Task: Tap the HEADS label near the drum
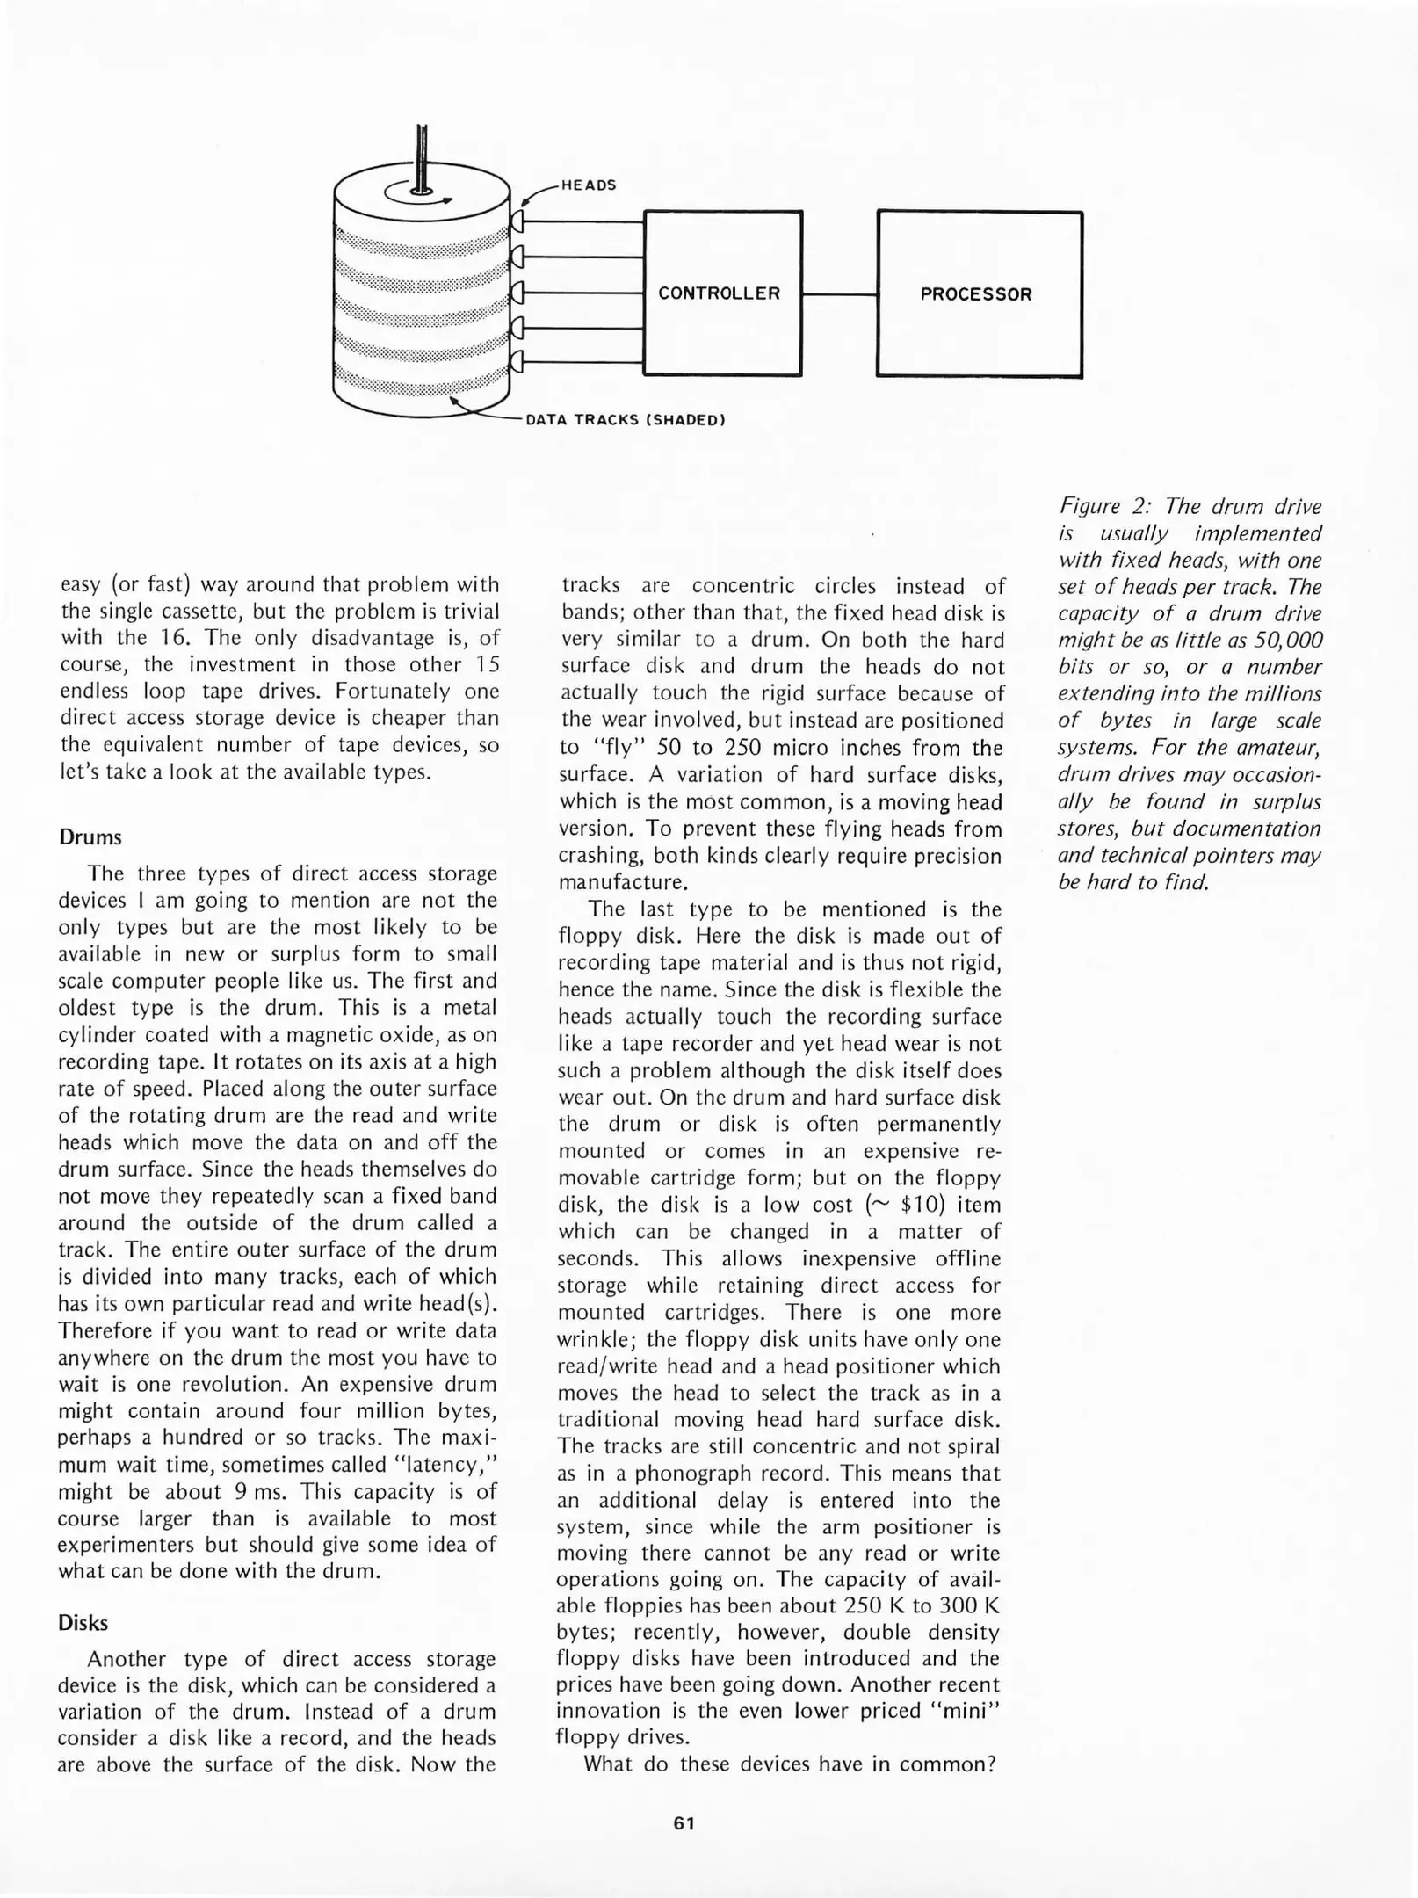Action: [589, 185]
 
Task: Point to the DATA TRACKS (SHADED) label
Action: [625, 420]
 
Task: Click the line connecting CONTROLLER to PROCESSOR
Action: [839, 294]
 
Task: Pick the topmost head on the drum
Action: [517, 220]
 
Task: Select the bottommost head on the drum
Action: [517, 361]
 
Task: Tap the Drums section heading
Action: [90, 837]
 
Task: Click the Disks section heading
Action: [83, 1623]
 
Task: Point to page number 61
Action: [684, 1823]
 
